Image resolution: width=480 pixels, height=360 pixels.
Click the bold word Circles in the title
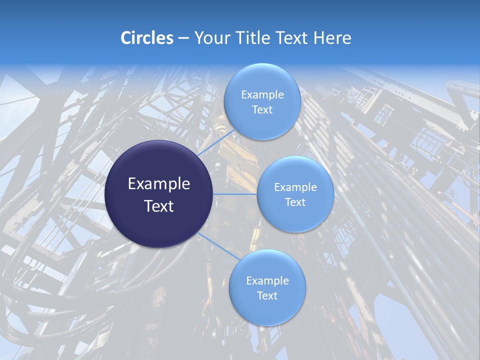147,38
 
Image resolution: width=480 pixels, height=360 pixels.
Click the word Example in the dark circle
159,184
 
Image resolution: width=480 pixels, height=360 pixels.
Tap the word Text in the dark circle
159,206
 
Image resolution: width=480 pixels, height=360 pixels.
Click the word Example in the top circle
262,95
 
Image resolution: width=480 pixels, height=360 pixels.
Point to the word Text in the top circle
262,109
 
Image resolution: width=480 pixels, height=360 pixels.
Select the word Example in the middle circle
295,187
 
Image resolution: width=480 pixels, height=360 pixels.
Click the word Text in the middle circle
295,202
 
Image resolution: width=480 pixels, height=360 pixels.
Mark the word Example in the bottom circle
267,281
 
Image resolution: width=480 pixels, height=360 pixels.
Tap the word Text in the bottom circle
267,295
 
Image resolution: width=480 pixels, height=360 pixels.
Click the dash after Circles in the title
183,38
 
